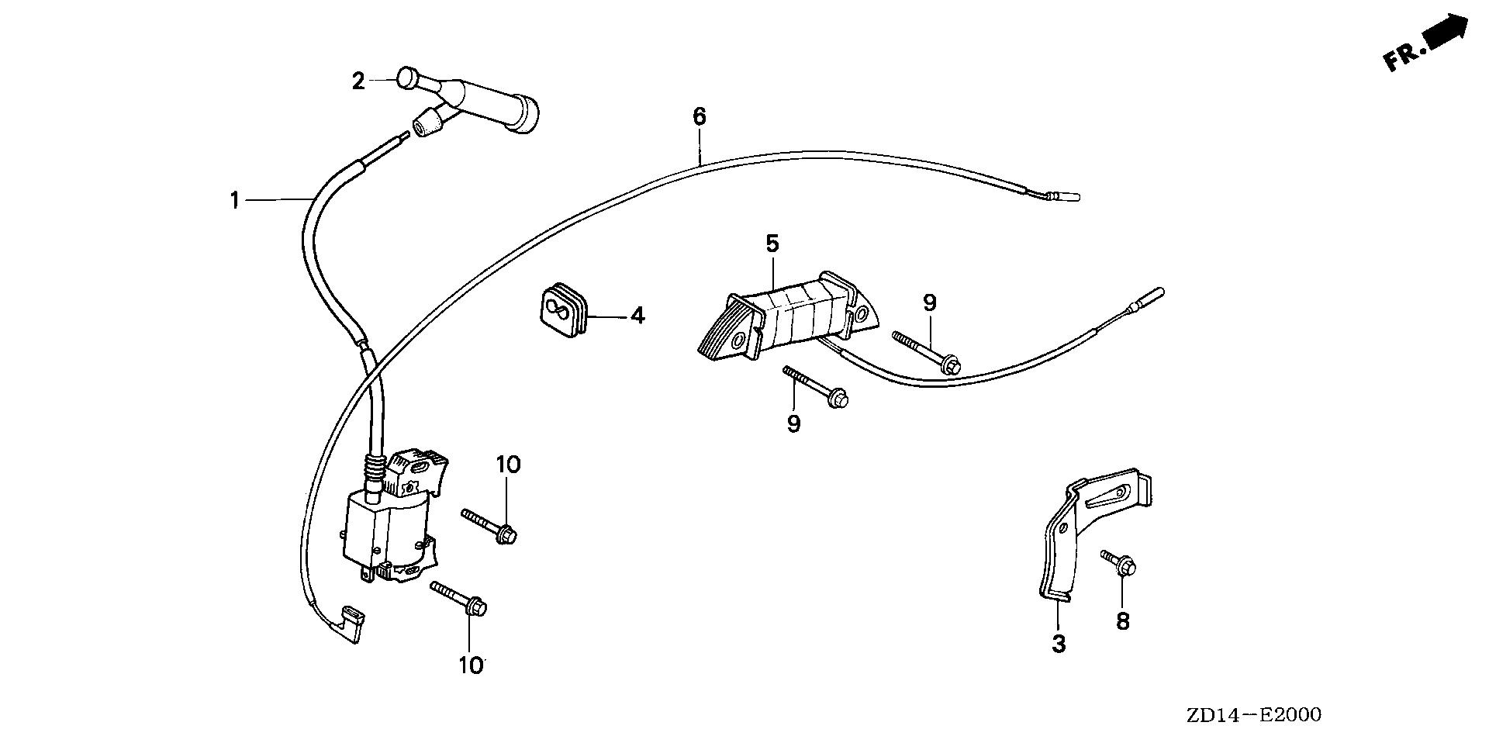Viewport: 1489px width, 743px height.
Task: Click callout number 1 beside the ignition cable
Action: coord(234,180)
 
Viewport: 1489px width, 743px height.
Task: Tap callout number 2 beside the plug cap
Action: coord(358,81)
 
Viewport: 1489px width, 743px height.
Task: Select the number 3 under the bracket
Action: coord(1059,643)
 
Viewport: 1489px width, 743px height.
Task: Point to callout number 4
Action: coord(637,316)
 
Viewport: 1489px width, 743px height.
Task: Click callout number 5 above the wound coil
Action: coord(772,244)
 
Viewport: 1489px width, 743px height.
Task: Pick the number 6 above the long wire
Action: coord(699,117)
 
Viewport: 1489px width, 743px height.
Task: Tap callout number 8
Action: coord(1122,620)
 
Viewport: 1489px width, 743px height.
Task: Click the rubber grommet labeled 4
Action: coord(562,312)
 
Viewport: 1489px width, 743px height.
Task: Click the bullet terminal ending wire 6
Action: coord(1064,195)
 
